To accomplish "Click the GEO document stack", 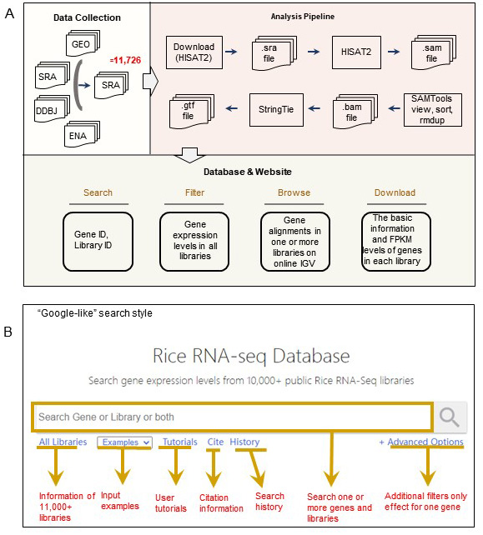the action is point(83,43).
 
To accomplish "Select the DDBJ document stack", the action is point(53,109).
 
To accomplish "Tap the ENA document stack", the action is point(82,134).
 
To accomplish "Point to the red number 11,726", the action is point(125,60).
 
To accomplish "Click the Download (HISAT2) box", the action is point(194,52).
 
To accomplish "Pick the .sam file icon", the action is point(434,52).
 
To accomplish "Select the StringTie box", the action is point(276,109).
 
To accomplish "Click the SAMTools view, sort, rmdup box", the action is point(432,109).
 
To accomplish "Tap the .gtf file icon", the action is point(192,111).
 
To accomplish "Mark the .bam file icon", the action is point(355,111).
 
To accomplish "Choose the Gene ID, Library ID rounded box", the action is point(98,242).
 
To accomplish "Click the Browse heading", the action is point(294,192).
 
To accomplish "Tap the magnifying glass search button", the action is point(449,417).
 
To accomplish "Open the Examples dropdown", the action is point(124,442).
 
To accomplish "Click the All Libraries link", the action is point(63,442).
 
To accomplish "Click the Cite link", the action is point(215,442).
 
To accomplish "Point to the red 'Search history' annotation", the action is point(269,501).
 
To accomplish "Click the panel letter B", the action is point(8,332).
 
